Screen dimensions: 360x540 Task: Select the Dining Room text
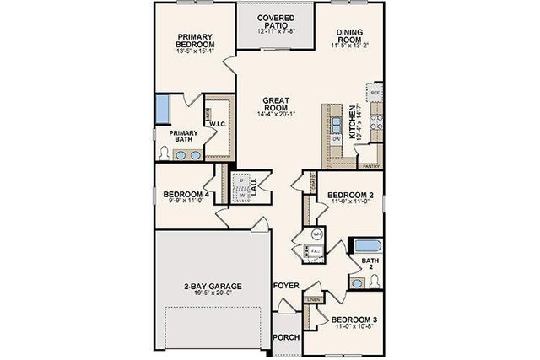[x=349, y=36]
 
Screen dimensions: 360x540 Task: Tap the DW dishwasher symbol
[x=337, y=138]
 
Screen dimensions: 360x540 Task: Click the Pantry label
[x=369, y=167]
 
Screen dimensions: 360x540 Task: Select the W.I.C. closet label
[x=217, y=123]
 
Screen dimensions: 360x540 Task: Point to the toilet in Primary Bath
[x=165, y=153]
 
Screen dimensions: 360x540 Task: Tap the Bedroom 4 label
[x=186, y=195]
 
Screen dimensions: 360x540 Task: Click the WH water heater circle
[x=316, y=233]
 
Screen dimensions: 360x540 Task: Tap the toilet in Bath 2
[x=359, y=282]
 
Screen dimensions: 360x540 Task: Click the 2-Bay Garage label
[x=212, y=287]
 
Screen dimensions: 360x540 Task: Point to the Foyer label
[x=286, y=287]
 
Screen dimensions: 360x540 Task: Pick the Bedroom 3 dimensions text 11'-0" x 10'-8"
[x=353, y=327]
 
